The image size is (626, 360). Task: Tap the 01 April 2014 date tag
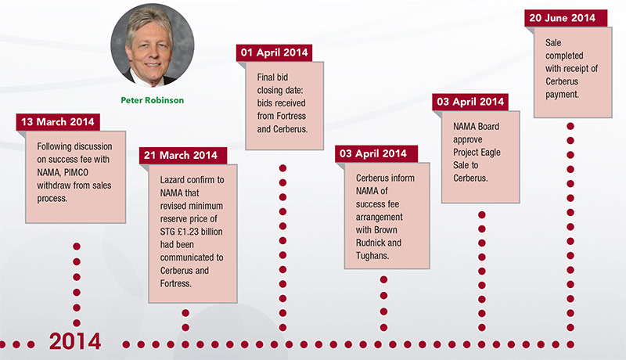pos(274,52)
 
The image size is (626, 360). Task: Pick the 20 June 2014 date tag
pos(562,18)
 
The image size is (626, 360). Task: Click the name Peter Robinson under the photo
pos(152,101)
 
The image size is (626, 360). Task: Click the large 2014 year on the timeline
pos(75,342)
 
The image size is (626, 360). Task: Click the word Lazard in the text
pos(164,178)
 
